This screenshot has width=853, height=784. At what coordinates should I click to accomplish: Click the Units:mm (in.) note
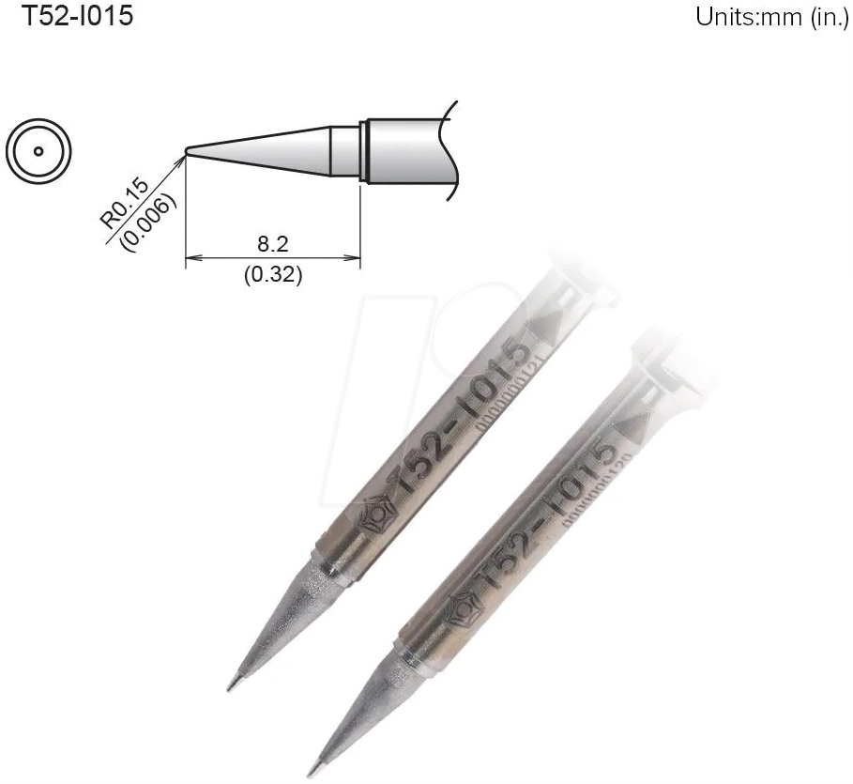pyautogui.click(x=771, y=18)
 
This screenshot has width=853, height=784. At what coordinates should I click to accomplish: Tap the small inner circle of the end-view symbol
pyautogui.click(x=38, y=150)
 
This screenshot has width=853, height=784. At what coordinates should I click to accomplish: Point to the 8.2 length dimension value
pyautogui.click(x=272, y=244)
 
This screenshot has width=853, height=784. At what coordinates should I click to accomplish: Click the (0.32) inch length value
pyautogui.click(x=272, y=277)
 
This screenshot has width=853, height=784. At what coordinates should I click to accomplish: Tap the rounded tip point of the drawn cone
pyautogui.click(x=189, y=150)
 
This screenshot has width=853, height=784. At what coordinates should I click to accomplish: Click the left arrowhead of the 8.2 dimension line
pyautogui.click(x=191, y=257)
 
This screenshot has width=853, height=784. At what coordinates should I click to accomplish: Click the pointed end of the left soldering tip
pyautogui.click(x=231, y=688)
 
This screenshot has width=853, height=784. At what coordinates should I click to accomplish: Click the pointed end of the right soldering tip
pyautogui.click(x=313, y=774)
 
